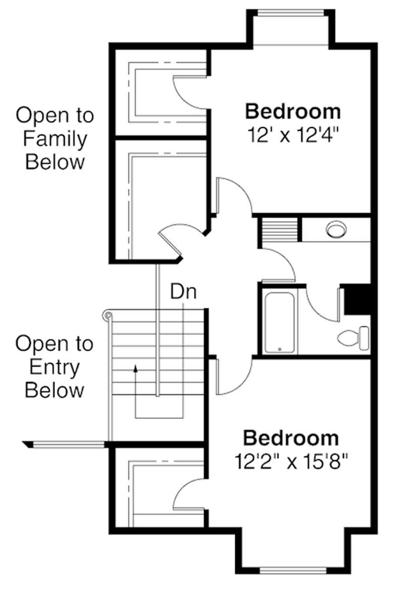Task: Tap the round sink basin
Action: pos(335,229)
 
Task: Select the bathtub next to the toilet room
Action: pos(280,320)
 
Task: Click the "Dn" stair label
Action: pos(182,292)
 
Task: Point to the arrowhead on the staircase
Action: pos(135,369)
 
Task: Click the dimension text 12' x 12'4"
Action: pos(292,135)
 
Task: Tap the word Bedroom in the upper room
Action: pos(293,110)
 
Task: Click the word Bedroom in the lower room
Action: pos(291,438)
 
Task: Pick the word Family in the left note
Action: pos(55,139)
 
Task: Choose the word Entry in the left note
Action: pos(54,367)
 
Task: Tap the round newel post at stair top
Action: pos(106,315)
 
